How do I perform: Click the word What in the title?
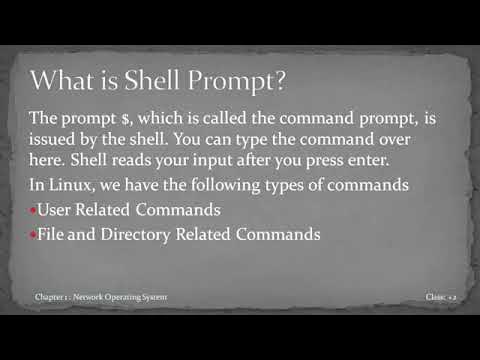[x=63, y=77]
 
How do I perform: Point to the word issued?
[x=56, y=141]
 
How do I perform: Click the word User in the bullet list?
[x=56, y=210]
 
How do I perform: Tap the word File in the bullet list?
[x=53, y=234]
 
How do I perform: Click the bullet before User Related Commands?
[x=33, y=211]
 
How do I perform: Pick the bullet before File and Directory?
[x=33, y=235]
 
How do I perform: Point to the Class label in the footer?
[x=435, y=297]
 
